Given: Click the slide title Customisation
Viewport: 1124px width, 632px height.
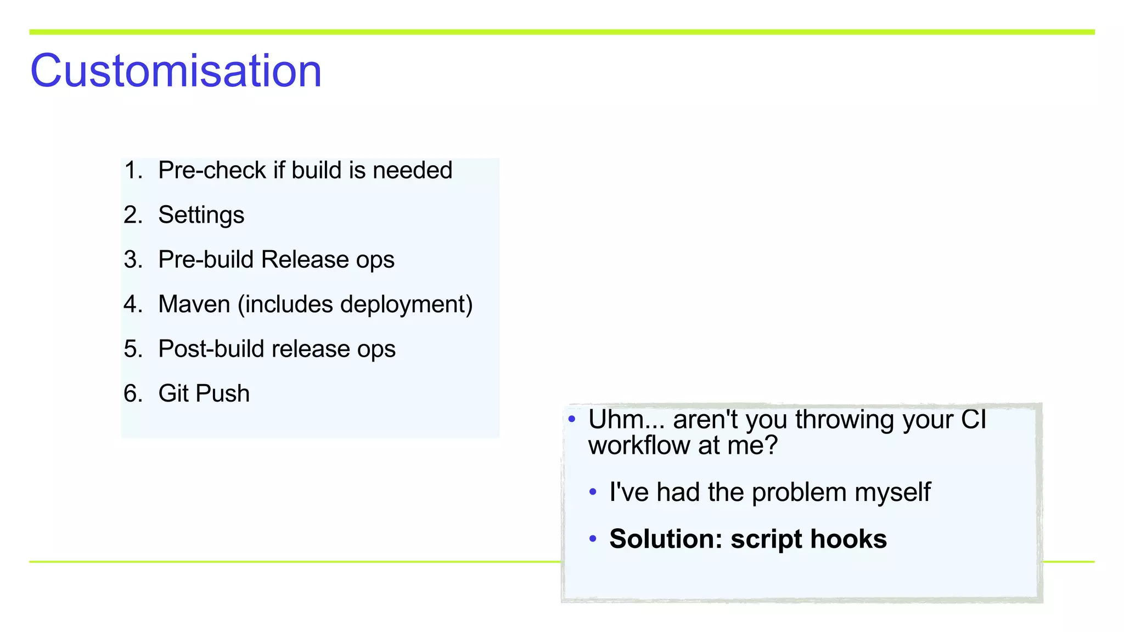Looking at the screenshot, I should click(176, 71).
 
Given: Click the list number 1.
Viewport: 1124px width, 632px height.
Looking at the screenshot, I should click(132, 170).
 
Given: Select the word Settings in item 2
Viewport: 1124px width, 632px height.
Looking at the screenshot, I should click(201, 215).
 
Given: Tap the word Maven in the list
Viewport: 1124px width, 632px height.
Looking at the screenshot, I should click(194, 304).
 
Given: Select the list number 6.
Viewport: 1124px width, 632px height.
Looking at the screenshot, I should click(132, 393).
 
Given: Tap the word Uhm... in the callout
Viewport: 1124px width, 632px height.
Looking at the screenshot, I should click(626, 420).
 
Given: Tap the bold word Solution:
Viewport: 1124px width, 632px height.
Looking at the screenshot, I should click(665, 539).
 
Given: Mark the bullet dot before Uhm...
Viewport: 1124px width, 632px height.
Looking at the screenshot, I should click(572, 420).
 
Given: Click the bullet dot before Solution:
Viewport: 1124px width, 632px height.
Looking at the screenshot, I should click(593, 539).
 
